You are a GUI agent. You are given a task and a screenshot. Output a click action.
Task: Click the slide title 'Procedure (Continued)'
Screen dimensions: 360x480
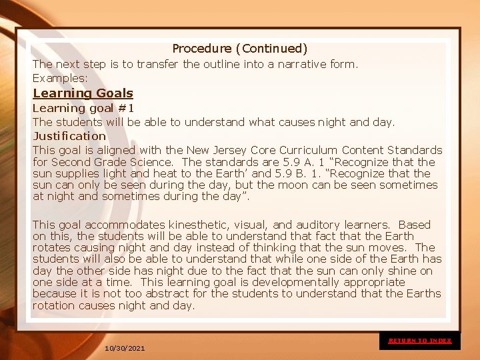click(x=240, y=49)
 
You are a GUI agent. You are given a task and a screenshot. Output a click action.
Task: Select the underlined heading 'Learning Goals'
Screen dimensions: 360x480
click(x=83, y=93)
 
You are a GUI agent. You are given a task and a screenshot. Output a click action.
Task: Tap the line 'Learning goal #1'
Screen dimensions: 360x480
click(x=84, y=108)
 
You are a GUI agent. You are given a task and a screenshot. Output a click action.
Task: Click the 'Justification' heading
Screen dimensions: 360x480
click(x=69, y=136)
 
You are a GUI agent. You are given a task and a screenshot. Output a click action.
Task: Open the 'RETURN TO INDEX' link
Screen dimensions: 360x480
click(x=420, y=341)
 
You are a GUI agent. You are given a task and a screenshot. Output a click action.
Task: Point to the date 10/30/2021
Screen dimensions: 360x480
click(x=125, y=349)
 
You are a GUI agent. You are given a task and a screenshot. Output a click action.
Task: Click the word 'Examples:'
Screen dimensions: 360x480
click(x=60, y=78)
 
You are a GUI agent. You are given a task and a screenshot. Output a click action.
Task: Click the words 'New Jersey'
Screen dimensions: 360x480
click(x=214, y=150)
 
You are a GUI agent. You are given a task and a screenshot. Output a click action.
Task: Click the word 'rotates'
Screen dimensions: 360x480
click(x=53, y=247)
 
